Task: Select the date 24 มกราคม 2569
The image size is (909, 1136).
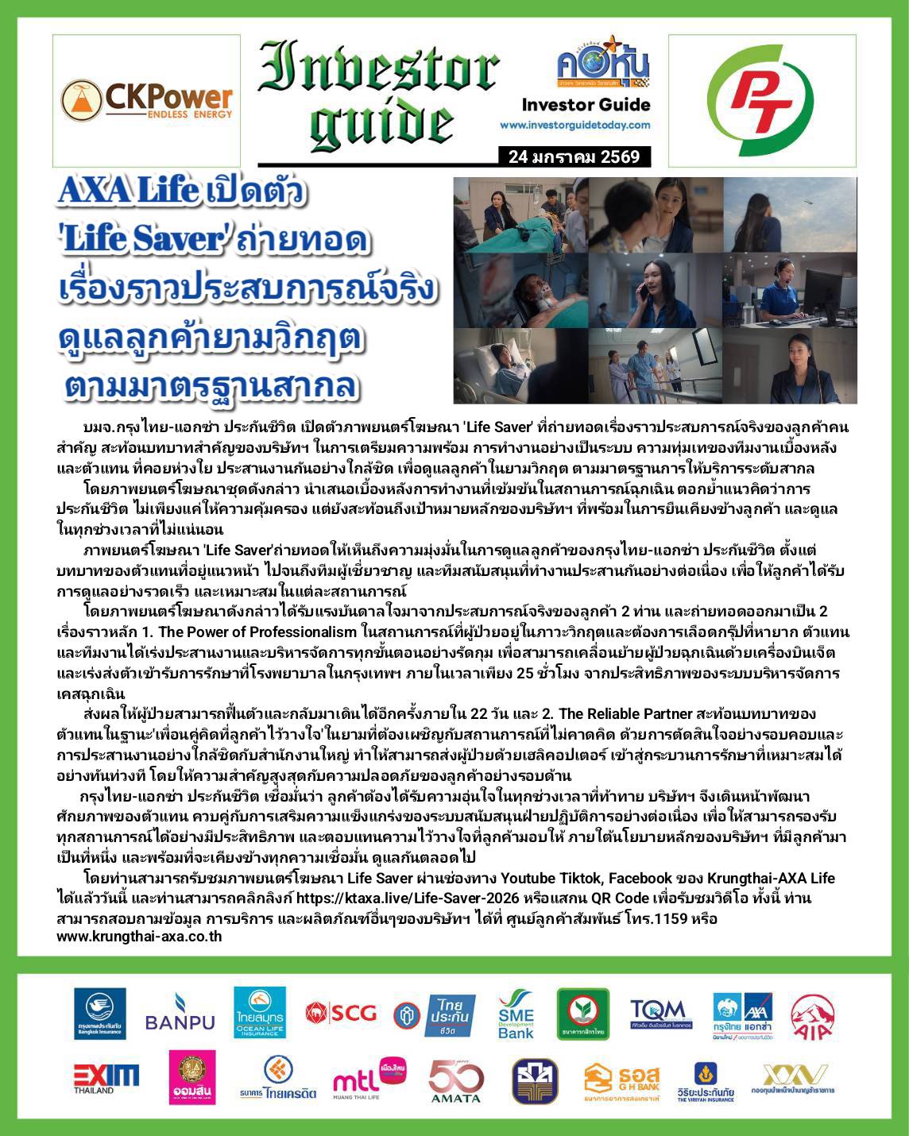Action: click(574, 156)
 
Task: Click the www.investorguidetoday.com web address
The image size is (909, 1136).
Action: click(574, 125)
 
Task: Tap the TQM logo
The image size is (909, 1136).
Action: click(660, 1014)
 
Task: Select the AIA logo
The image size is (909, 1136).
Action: click(811, 1014)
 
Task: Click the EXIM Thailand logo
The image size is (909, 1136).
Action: click(106, 1078)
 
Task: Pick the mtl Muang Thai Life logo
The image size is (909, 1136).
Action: click(368, 1080)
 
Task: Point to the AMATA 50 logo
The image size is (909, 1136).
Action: click(456, 1080)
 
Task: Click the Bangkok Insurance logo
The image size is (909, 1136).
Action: click(99, 1014)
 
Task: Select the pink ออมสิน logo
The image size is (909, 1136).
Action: click(191, 1077)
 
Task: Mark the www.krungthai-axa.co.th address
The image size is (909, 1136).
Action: click(139, 937)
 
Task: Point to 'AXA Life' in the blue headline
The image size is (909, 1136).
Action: click(128, 191)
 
